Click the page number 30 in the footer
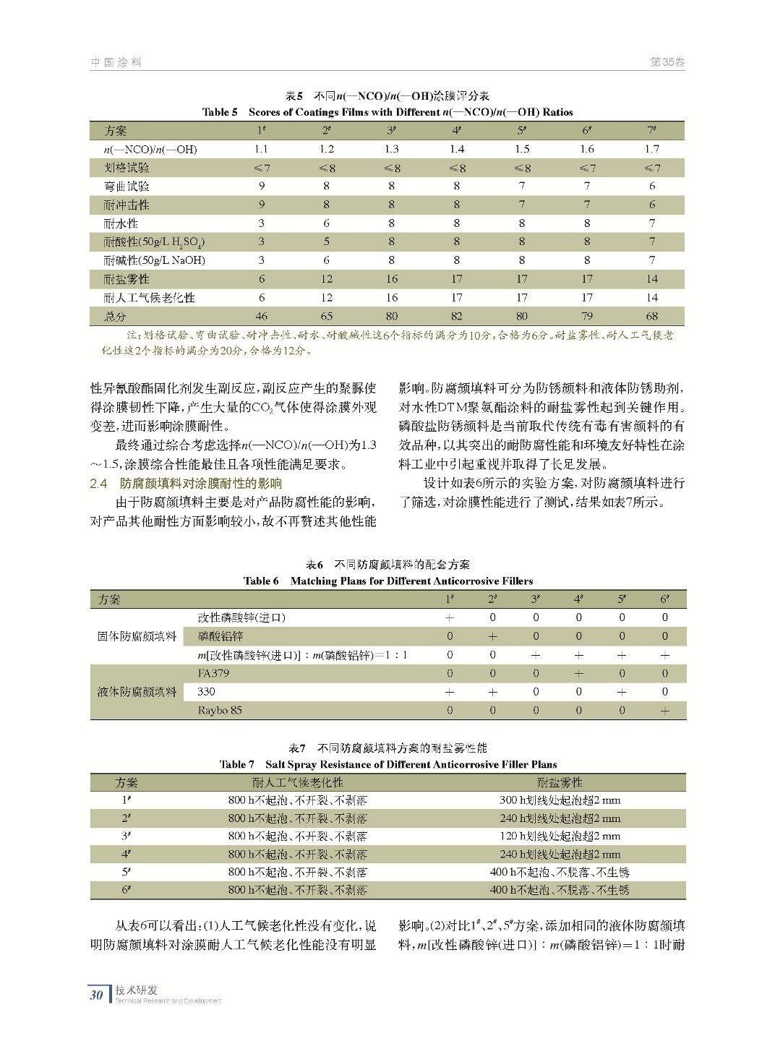(96, 995)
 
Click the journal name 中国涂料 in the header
(116, 62)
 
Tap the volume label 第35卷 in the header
(667, 62)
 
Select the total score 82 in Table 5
(456, 316)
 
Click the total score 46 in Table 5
(261, 316)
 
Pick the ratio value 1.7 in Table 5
(651, 149)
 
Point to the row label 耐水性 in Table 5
(121, 223)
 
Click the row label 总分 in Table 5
(115, 316)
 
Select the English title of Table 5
(387, 112)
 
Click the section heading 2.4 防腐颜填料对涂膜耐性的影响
(186, 483)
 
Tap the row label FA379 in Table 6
(213, 673)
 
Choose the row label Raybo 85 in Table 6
(220, 710)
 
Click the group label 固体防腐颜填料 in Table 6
(137, 636)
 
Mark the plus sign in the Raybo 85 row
(664, 710)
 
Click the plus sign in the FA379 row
(578, 673)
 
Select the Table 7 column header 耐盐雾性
(560, 782)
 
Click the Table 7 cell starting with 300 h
(560, 800)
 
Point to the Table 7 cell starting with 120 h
(560, 836)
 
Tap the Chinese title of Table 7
(387, 748)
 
